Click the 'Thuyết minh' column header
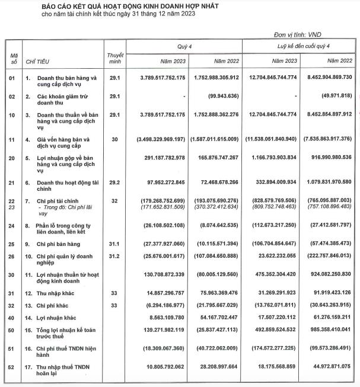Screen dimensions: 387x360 (115, 58)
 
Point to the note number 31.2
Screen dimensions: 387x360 (115, 256)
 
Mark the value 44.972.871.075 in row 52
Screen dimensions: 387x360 (326, 365)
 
